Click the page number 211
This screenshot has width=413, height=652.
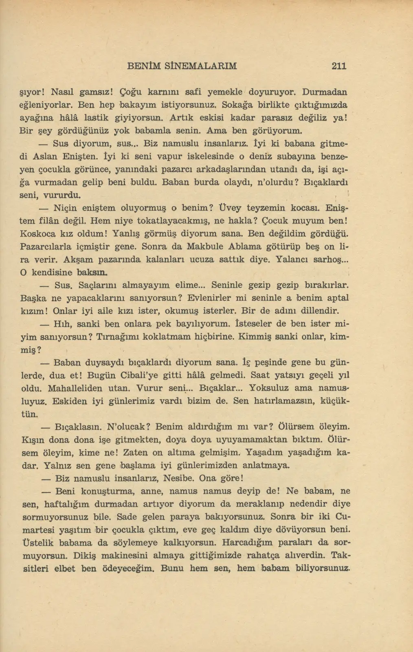coord(339,66)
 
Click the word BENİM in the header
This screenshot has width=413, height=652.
coord(144,66)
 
